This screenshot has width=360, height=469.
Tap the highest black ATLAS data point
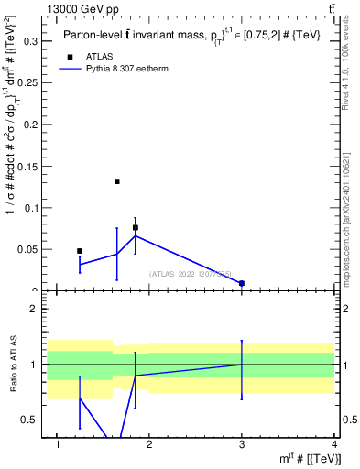[117, 181]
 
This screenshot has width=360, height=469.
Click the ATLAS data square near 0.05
[80, 251]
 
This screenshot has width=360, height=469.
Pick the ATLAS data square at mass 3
[242, 284]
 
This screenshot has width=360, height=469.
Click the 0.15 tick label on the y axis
[30, 166]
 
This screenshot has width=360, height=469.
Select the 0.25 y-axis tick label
[30, 82]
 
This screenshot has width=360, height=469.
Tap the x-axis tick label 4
[334, 444]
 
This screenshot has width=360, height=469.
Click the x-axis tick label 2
[150, 444]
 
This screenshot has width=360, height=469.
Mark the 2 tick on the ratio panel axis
[38, 309]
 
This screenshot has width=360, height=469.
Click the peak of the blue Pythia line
[136, 235]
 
